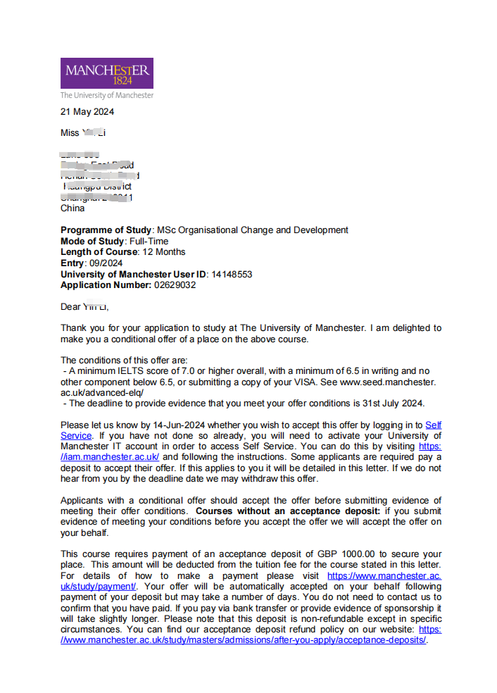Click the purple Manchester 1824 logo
click(106, 73)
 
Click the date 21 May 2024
click(87, 111)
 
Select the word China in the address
click(73, 208)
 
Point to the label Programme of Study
click(106, 230)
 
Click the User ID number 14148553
click(232, 274)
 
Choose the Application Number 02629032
click(175, 285)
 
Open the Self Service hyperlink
click(434, 425)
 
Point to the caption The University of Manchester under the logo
click(106, 95)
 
